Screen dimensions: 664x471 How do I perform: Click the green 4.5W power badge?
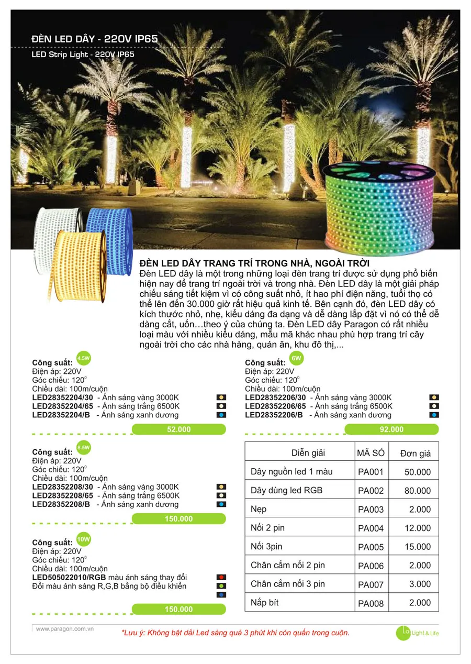click(x=83, y=358)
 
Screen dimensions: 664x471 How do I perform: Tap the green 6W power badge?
click(x=296, y=358)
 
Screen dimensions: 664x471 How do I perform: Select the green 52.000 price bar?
click(x=178, y=429)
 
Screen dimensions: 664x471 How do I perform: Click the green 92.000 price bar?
click(x=391, y=429)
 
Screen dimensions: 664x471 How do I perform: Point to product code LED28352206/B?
click(x=274, y=415)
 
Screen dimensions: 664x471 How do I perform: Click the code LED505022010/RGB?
click(x=72, y=577)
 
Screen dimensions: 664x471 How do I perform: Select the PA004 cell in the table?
click(x=371, y=528)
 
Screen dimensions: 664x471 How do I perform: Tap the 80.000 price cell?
click(x=418, y=491)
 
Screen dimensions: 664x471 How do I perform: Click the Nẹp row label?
click(x=259, y=509)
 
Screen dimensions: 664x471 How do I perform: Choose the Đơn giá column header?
click(x=415, y=453)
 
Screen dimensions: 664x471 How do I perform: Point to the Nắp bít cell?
click(x=265, y=603)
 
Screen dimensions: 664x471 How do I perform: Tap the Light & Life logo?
click(x=417, y=633)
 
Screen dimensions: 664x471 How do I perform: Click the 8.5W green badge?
click(x=83, y=448)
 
